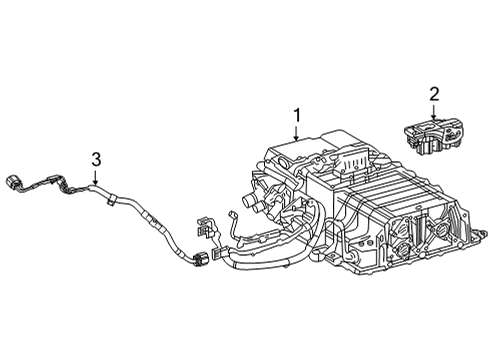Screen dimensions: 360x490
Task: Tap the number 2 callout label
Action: [x=434, y=94]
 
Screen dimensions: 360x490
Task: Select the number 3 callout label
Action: [x=96, y=158]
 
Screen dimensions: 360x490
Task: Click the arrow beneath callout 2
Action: [x=434, y=112]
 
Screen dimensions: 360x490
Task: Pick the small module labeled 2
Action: [x=433, y=135]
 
